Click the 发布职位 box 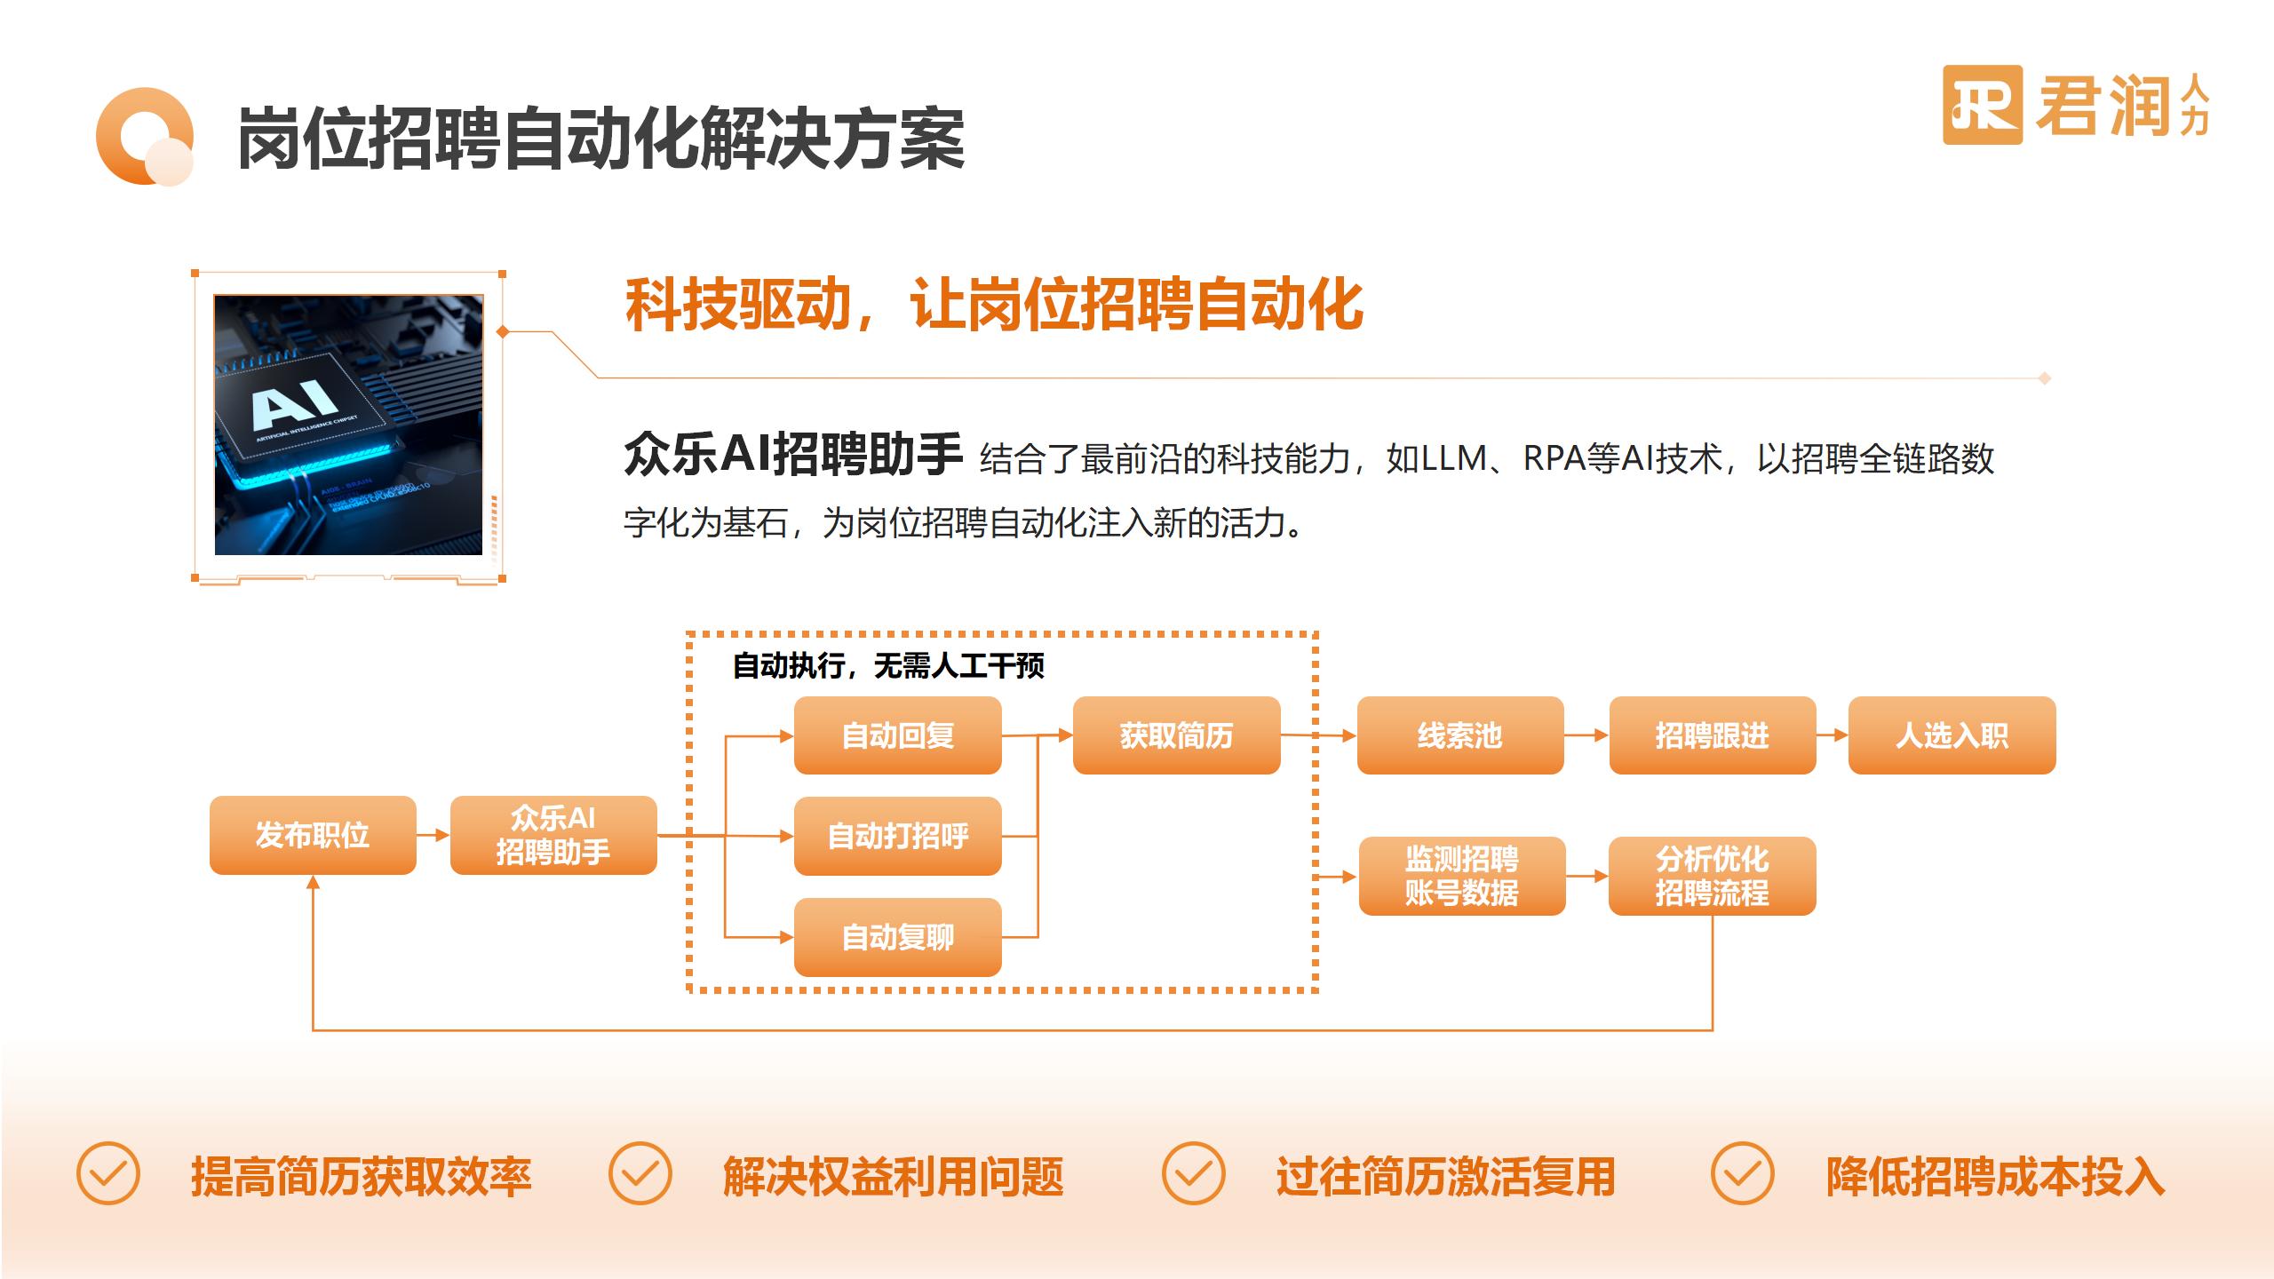(x=313, y=835)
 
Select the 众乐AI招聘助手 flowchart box (x=553, y=835)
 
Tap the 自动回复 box (x=897, y=735)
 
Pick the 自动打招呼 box (x=897, y=836)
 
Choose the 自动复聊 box (x=897, y=937)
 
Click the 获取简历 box (x=1176, y=735)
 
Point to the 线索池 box (x=1459, y=735)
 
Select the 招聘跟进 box (x=1712, y=735)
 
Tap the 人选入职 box (x=1952, y=735)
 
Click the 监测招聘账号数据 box (x=1461, y=876)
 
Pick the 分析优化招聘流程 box (x=1712, y=876)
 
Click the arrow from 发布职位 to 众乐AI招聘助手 (x=433, y=835)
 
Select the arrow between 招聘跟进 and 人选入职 (x=1832, y=735)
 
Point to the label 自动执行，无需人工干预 (x=887, y=665)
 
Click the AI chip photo (x=348, y=425)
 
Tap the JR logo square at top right (x=1982, y=105)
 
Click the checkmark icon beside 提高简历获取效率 (x=108, y=1173)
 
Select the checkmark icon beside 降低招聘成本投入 (x=1742, y=1173)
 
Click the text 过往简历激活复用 (x=1445, y=1177)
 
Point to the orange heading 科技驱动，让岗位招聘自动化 (x=994, y=305)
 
